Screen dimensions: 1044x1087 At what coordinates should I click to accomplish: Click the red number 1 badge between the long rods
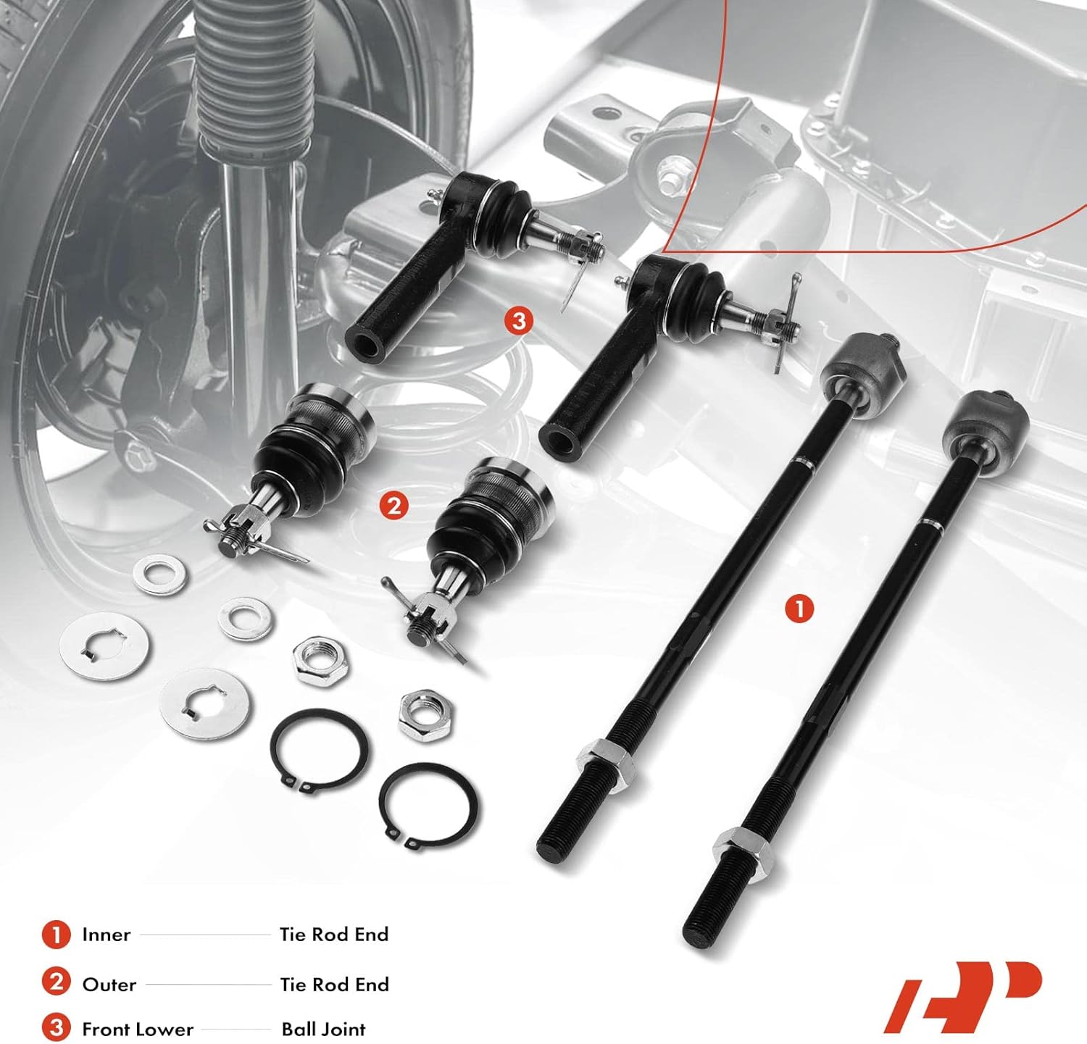799,609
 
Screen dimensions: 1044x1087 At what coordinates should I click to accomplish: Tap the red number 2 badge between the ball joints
393,506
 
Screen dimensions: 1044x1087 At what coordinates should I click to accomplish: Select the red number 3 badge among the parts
518,320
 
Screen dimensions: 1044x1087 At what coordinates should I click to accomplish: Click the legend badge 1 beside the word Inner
56,935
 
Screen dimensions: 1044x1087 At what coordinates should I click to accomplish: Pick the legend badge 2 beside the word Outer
56,984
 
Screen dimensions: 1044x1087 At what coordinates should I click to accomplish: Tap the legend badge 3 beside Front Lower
56,1028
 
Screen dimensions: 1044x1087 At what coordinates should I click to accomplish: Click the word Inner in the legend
106,935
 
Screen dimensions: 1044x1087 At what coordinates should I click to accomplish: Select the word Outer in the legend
109,985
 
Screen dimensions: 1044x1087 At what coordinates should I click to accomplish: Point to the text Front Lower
138,1030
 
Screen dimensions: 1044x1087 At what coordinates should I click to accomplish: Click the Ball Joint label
323,1030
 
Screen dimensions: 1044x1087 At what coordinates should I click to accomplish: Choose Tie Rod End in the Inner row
334,935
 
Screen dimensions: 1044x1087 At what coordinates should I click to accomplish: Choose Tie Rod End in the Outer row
334,985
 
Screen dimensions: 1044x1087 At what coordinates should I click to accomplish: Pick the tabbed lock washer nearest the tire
104,646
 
